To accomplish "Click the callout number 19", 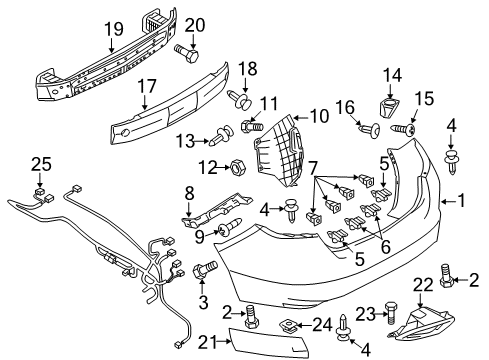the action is point(114,29).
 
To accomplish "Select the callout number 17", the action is point(147,86).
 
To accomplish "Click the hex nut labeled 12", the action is point(237,166).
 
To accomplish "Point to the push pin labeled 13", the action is point(222,135).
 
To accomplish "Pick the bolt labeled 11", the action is point(252,126).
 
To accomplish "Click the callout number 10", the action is point(319,117).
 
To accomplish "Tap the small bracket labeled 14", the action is point(389,107).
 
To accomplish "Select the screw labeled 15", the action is point(404,129).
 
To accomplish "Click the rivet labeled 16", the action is point(371,130).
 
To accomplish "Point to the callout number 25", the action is point(41,164).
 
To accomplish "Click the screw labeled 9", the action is point(229,227).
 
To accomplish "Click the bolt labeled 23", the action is point(391,313).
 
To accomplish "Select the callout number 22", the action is point(423,285).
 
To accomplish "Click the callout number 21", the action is point(207,342).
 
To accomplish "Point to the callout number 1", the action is point(461,201).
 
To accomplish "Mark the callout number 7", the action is point(312,167).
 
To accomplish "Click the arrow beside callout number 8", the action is point(189,210).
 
